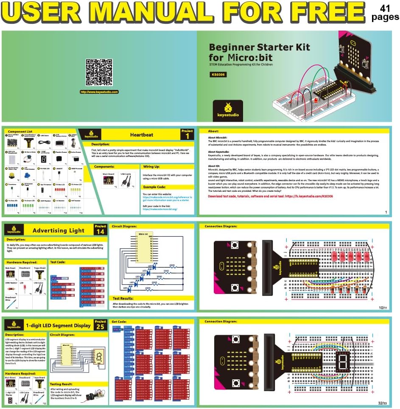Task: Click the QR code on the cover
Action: pos(99,72)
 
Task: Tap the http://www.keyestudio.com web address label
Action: pos(99,92)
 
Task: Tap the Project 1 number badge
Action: pos(187,134)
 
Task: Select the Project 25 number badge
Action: pos(101,325)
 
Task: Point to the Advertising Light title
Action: pos(59,230)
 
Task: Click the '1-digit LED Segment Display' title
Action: pos(59,325)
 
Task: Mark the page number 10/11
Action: pos(383,307)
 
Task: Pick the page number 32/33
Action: pos(383,403)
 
